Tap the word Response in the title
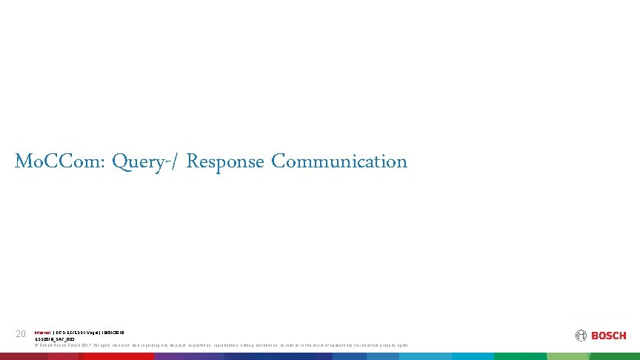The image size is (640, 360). [225, 161]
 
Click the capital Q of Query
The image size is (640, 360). [119, 161]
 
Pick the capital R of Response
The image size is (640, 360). [193, 161]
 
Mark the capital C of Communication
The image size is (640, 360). [278, 161]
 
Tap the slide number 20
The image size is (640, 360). [21, 334]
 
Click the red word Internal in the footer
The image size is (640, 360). [42, 333]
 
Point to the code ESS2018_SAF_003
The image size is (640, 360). [55, 339]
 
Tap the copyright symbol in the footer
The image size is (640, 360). [36, 345]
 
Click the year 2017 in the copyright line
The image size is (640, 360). [86, 345]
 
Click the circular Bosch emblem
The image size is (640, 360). [581, 336]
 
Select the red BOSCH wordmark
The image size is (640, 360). [608, 336]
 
